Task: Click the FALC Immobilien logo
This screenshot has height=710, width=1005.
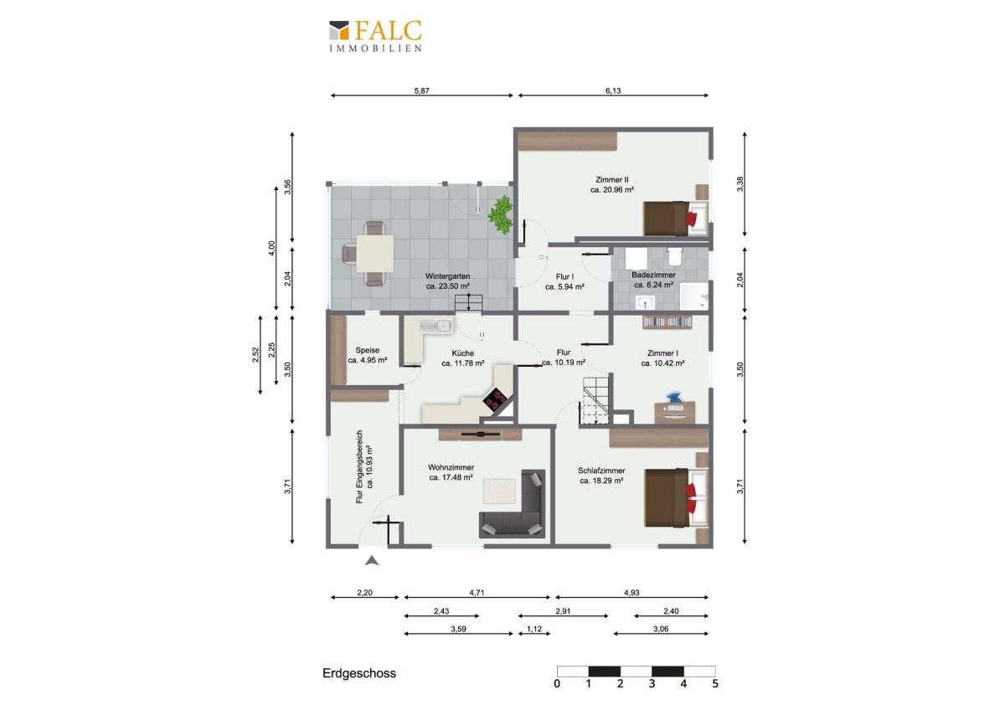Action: coord(375,37)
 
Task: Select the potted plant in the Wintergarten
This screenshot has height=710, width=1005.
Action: coord(501,215)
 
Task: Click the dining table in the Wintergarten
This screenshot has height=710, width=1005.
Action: coord(375,254)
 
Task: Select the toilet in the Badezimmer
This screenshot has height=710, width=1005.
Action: coord(674,256)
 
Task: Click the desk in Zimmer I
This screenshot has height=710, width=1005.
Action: coord(675,412)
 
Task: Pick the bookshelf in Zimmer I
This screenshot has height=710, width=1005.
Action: coord(667,322)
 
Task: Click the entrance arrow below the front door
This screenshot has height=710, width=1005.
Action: coord(372,560)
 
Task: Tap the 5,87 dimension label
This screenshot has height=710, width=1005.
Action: coord(422,90)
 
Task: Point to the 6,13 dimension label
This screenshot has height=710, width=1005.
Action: coord(613,90)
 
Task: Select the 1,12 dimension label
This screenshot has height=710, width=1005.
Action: coord(534,629)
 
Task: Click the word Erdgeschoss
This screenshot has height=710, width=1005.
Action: coord(359,673)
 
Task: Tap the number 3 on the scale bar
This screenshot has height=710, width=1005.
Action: coord(652,684)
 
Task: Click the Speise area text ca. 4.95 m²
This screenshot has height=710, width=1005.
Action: coord(368,360)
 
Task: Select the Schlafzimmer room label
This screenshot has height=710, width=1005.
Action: coord(601,471)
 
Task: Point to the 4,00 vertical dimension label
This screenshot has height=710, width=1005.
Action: coord(271,249)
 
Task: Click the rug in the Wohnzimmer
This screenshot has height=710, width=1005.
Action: coord(499,491)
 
